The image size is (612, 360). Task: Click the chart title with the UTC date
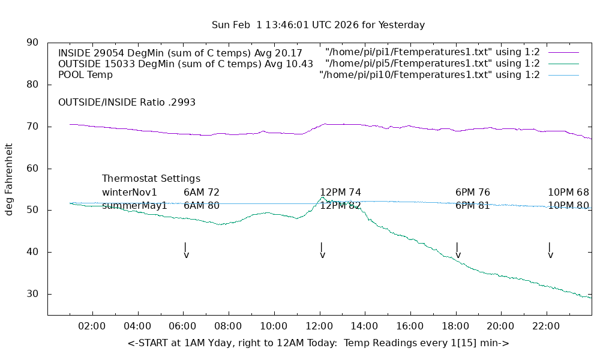[318, 25]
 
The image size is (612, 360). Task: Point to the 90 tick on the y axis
[32, 43]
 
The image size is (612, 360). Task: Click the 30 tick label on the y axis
[32, 294]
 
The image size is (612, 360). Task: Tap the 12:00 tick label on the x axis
[319, 326]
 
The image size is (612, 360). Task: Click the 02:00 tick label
[92, 326]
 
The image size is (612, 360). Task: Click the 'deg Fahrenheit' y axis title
[9, 179]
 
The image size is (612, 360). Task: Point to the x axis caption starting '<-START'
[318, 343]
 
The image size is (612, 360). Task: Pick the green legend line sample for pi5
[563, 64]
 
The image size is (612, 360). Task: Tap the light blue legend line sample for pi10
[563, 75]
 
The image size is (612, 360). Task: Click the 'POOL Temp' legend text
[85, 75]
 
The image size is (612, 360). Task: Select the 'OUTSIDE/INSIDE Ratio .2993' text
[127, 103]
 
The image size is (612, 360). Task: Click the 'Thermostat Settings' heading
[151, 179]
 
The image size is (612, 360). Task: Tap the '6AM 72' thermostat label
[202, 193]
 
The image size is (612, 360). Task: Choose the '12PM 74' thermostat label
[340, 193]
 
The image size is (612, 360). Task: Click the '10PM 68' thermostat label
[568, 193]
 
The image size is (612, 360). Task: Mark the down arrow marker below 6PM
[458, 251]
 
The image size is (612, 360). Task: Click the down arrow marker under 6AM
[186, 251]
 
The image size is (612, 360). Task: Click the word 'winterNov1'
[130, 193]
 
